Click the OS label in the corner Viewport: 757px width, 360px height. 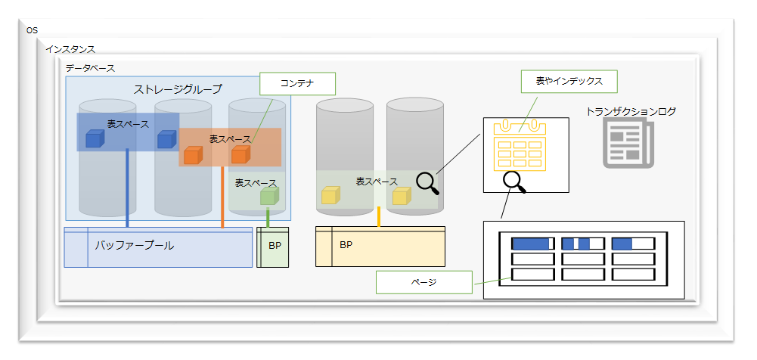coord(32,30)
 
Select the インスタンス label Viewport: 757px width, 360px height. coord(70,49)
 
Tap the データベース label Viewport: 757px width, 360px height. coord(90,68)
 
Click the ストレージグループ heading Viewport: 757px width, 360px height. coord(178,89)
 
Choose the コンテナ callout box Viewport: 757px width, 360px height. coord(296,83)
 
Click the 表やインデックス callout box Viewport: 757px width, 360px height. coord(569,80)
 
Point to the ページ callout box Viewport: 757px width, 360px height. coord(423,282)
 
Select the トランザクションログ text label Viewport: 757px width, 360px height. coord(631,111)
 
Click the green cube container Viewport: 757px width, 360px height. coord(268,197)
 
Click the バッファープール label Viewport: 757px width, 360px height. coord(134,245)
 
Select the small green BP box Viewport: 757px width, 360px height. coord(273,247)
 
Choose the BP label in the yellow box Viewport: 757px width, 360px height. coord(346,245)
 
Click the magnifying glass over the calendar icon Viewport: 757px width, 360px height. coord(514,181)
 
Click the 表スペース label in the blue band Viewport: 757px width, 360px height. coord(128,123)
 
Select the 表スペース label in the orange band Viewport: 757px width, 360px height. coord(230,139)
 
